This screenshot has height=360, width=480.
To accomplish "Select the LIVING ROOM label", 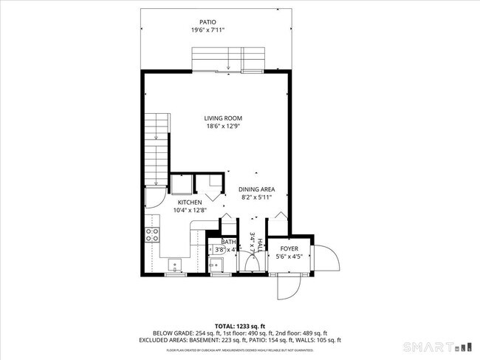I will (223, 118).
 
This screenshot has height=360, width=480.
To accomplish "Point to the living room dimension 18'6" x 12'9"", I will (223, 126).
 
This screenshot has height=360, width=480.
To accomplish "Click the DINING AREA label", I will (256, 189).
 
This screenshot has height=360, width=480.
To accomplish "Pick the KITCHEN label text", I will (191, 202).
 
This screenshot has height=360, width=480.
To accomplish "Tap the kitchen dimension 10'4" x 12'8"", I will (191, 211).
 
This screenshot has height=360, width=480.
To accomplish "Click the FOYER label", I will (289, 249).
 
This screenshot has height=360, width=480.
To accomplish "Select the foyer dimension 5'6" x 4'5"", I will (289, 257).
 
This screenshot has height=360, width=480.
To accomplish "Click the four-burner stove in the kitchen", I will (153, 235).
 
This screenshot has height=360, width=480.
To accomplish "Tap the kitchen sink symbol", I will (174, 264).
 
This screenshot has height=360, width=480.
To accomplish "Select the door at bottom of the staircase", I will (154, 195).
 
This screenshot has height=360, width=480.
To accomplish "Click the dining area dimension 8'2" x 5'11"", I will (256, 198).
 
